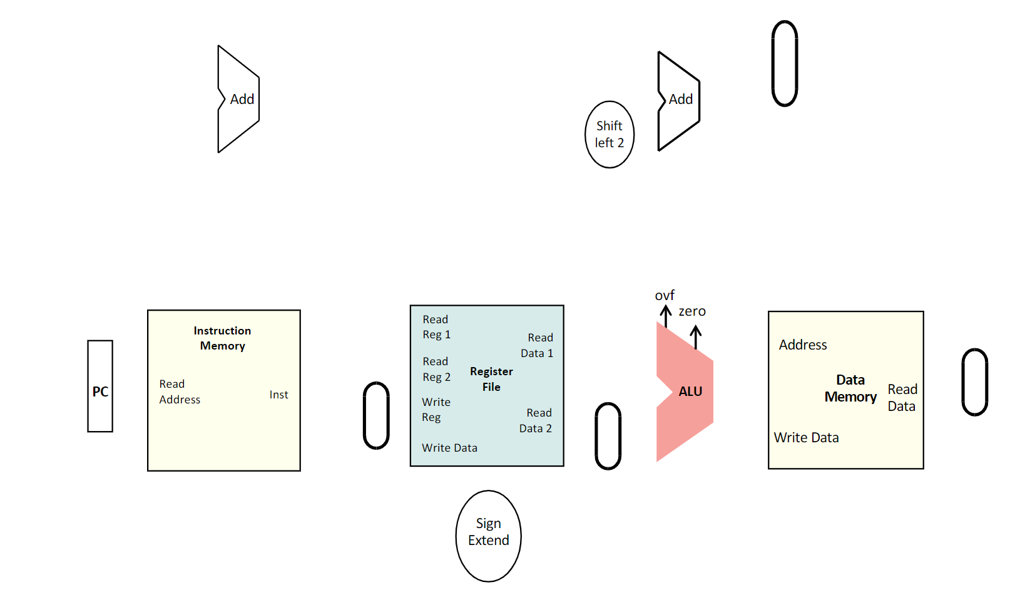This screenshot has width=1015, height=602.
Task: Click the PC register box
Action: click(x=100, y=386)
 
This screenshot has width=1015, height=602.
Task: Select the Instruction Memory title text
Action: click(x=222, y=338)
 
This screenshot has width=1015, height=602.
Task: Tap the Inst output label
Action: click(x=278, y=395)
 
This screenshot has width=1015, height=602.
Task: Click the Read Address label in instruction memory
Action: click(x=179, y=392)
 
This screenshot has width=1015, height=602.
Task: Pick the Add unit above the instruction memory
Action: click(x=240, y=99)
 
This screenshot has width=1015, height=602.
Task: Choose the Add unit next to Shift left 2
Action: click(x=680, y=100)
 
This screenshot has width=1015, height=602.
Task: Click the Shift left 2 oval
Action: click(x=609, y=134)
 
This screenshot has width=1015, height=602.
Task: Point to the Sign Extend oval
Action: click(x=488, y=536)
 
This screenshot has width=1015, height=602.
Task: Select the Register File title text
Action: click(x=491, y=379)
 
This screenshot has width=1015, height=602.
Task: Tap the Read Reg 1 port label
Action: click(x=436, y=327)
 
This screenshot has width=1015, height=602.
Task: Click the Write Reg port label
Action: click(x=436, y=409)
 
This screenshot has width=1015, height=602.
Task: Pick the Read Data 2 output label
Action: click(x=536, y=420)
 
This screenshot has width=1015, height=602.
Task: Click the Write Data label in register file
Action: click(x=449, y=448)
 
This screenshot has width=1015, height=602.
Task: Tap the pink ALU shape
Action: click(x=685, y=392)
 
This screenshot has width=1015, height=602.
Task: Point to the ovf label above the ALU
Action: click(x=665, y=295)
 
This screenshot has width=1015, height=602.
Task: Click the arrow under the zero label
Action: click(x=695, y=337)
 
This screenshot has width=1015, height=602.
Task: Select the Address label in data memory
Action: click(x=802, y=345)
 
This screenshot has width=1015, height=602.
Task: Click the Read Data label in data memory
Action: click(x=902, y=398)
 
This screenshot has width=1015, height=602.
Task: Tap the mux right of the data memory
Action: click(x=974, y=382)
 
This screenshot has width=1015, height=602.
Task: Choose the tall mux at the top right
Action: click(x=784, y=63)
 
